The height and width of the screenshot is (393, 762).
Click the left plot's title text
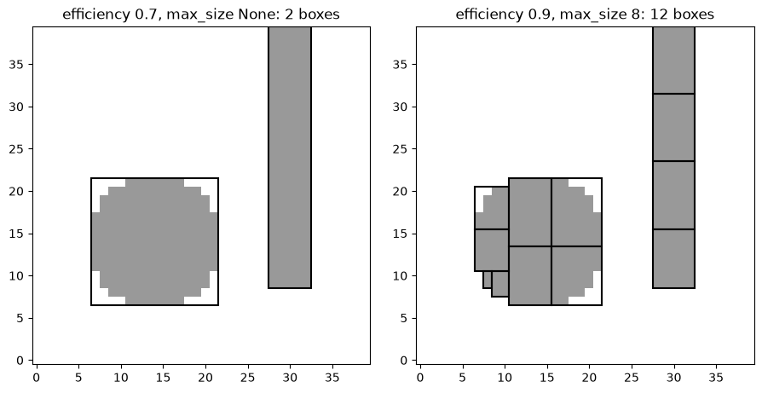pos(201,14)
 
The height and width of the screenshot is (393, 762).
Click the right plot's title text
pos(585,14)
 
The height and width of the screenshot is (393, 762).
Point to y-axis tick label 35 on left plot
pos(18,65)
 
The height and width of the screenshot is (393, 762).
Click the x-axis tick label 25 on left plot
pos(248,377)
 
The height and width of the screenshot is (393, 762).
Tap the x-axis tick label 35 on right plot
pos(716,377)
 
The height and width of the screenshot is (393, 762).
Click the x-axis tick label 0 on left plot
pos(37,377)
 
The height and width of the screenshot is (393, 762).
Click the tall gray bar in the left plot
pos(290,158)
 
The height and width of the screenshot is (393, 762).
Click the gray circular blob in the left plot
pos(154,241)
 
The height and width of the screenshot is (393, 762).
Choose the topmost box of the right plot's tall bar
pos(673,61)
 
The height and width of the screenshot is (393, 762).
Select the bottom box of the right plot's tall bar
pos(673,258)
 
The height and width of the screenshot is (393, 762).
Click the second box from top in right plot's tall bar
pos(673,127)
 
